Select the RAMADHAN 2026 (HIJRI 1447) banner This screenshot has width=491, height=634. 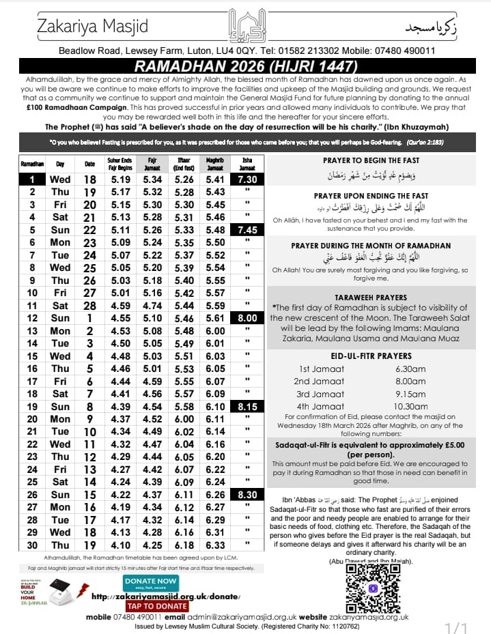[x=245, y=67]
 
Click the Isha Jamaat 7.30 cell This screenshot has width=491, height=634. [x=247, y=179]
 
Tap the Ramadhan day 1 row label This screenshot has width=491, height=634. [x=31, y=179]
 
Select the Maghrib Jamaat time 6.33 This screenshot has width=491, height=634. [x=214, y=545]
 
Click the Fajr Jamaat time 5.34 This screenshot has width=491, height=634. [x=152, y=179]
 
